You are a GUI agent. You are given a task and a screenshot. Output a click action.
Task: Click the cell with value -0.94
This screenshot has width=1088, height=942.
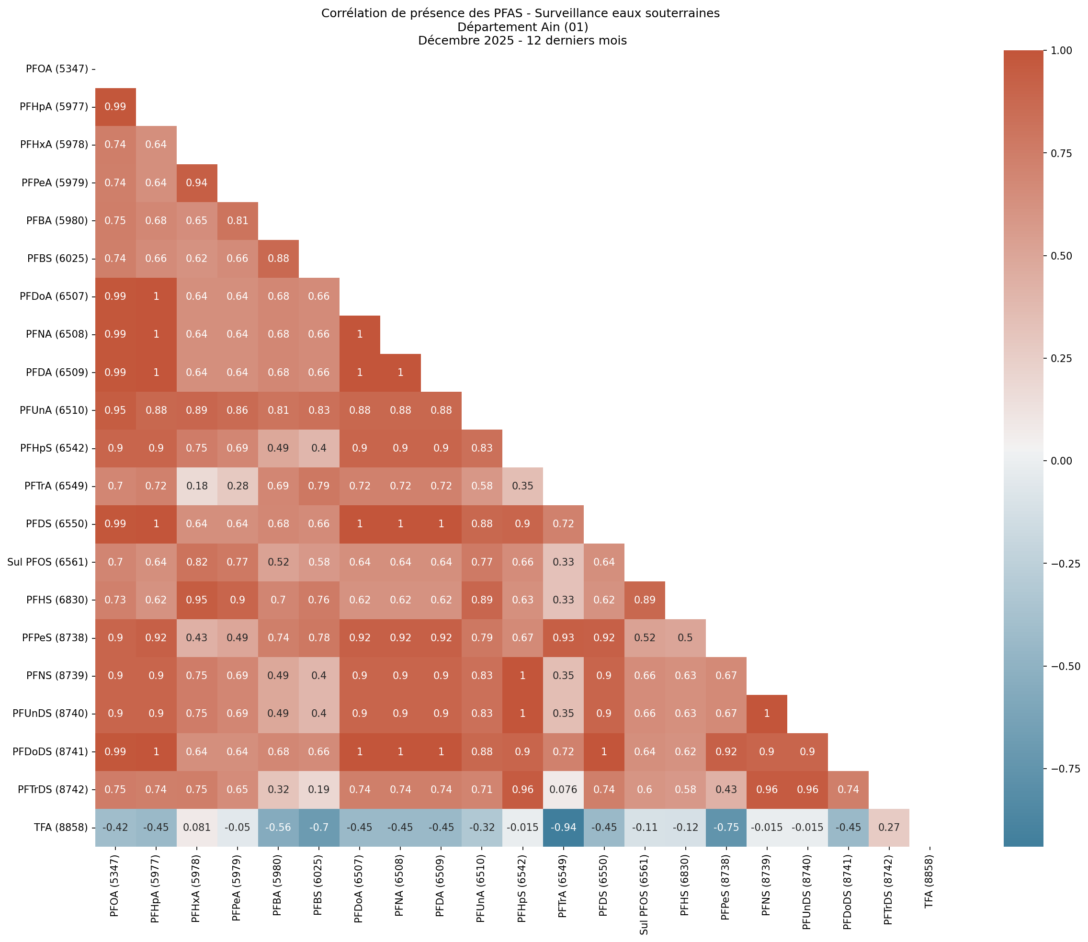coord(563,827)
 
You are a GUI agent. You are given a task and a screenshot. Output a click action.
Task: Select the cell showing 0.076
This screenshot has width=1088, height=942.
coord(563,789)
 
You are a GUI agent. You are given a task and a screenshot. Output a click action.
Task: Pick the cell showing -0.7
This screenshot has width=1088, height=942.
coord(319,827)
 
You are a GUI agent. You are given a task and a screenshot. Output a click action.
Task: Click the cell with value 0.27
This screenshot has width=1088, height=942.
coord(889,827)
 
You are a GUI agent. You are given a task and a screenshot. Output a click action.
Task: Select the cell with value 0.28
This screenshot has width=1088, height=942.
coord(238,486)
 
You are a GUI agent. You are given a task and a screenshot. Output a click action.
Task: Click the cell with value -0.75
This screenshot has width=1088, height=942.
coord(726,827)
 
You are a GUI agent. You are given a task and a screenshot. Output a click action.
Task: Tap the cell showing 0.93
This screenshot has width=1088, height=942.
coord(563,637)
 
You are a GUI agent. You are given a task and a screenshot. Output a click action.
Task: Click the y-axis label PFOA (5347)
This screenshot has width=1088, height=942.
coord(57,69)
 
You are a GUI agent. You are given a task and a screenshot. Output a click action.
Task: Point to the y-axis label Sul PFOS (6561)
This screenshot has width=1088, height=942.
coord(48,562)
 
